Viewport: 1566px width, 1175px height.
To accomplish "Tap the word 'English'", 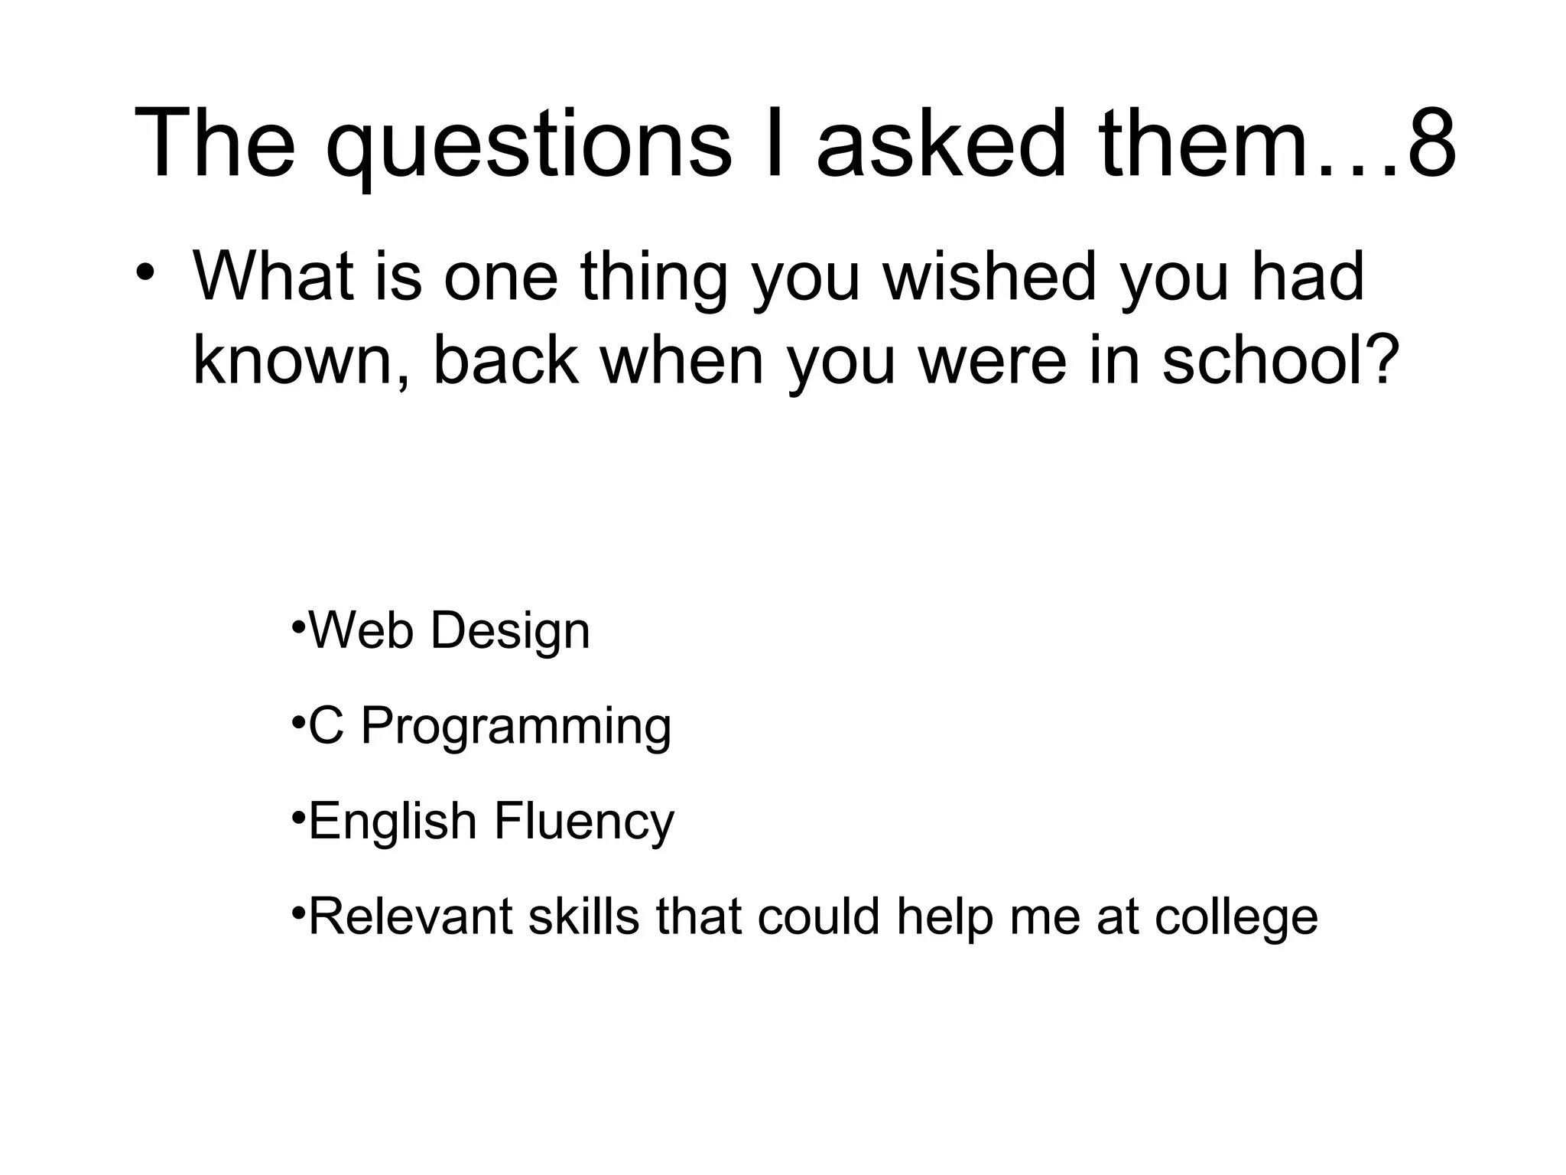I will pyautogui.click(x=392, y=822).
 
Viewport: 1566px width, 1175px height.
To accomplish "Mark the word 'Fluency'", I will pyautogui.click(x=584, y=822).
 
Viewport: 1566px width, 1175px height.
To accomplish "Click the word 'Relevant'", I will pyautogui.click(x=410, y=916).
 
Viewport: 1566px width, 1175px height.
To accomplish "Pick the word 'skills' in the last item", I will pyautogui.click(x=583, y=916).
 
